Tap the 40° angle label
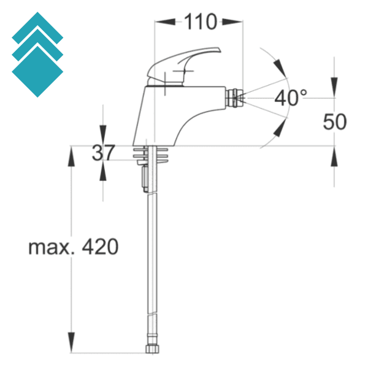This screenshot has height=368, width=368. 290,97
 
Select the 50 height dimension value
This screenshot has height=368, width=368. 335,121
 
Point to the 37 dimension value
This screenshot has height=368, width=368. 103,153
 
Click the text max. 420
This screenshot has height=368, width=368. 73,247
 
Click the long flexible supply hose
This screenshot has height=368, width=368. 151,258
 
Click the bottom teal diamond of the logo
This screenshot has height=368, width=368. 37,72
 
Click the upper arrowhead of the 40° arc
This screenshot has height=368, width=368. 279,66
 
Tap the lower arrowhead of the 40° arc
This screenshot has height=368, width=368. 279,127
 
